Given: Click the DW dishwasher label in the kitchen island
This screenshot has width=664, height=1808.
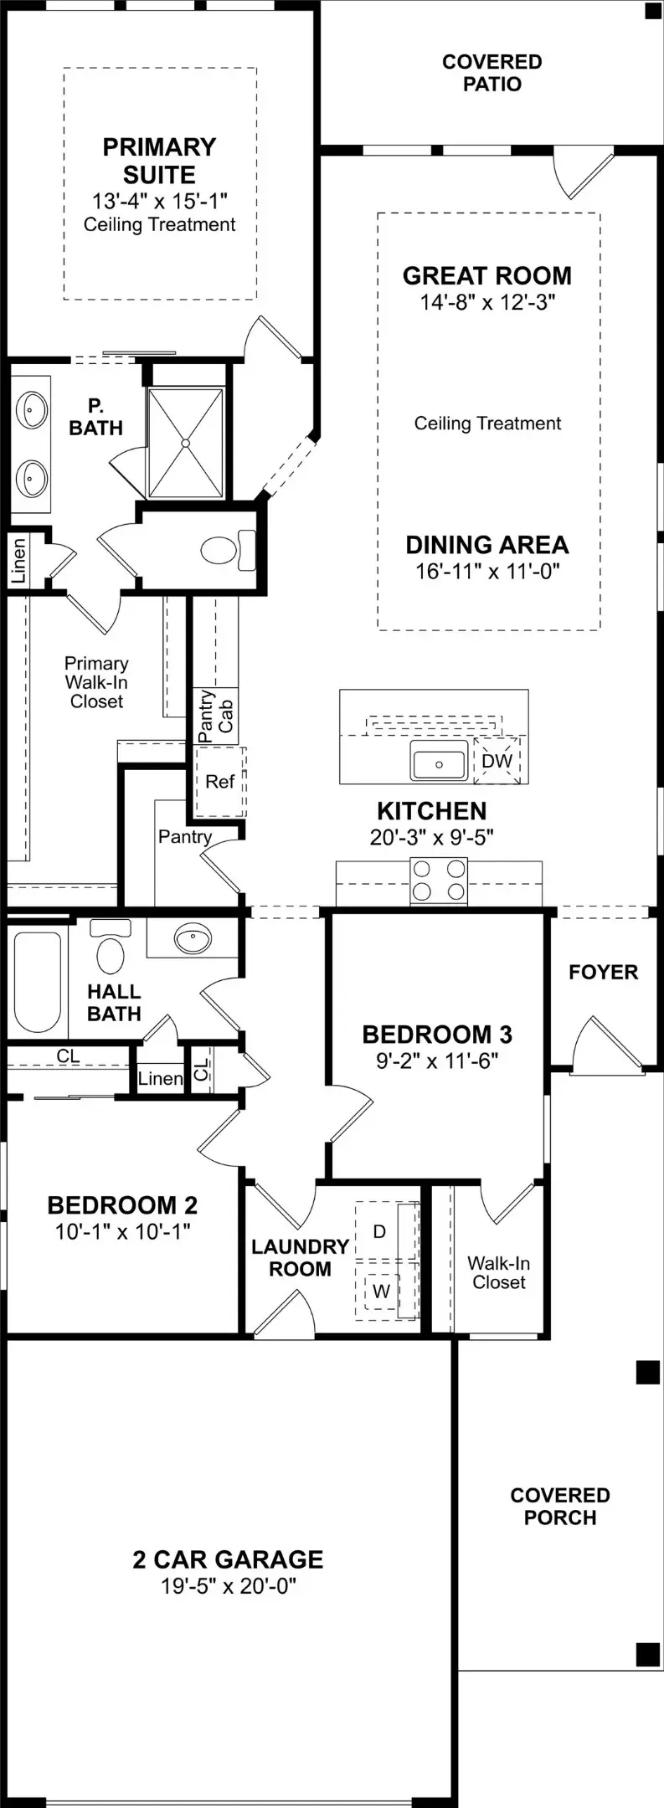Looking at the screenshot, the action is pos(497,761).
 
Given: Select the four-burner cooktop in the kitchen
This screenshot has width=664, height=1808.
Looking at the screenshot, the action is pos(439,881).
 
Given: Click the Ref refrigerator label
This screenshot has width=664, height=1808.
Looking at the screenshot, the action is pos(219,781).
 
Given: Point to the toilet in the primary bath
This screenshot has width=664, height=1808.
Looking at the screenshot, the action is pos(227,550).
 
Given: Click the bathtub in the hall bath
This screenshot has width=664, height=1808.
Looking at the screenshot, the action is pos(37,981).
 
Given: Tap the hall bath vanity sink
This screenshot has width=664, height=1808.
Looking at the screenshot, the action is pos(193,938).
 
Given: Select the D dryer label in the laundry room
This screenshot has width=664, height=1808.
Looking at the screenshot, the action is pos(379,1231).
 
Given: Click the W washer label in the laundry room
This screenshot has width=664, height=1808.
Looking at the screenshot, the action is pos(381,1291).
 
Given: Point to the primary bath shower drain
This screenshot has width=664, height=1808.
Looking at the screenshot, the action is pos(186,442).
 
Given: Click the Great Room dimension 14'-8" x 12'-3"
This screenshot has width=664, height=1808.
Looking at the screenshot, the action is pos(487,302).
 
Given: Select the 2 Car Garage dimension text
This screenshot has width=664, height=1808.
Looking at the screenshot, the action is pos(229,1585).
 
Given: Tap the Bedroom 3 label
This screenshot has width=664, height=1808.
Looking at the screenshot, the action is pos(437,1035).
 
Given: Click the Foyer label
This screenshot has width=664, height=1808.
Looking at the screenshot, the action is pos(603,972).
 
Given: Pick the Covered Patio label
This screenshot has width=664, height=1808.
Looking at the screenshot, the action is pos(492,73).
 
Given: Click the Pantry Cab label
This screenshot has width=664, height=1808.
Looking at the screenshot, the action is pos(215,716).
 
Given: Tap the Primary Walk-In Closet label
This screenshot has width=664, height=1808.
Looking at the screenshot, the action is pos(96,682).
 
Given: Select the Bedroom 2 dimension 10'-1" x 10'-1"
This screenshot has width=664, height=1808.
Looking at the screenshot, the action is pos(122,1231).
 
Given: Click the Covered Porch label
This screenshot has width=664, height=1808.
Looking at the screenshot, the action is pos(560,1506).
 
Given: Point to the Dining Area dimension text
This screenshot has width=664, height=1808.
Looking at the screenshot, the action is pos(487,572).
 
